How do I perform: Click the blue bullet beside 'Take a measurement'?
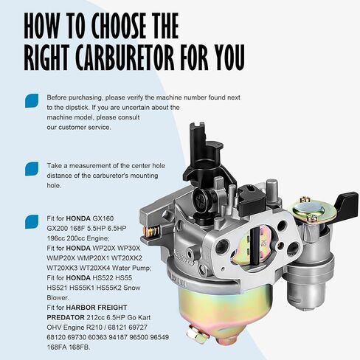pyautogui.click(x=32, y=169)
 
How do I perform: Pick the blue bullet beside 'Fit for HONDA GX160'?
pyautogui.click(x=32, y=221)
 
